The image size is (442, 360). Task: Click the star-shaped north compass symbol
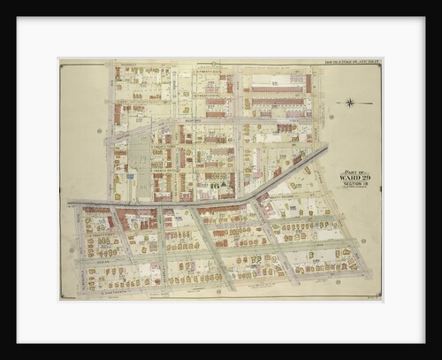(352, 103)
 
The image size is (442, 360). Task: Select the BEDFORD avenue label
(111, 133)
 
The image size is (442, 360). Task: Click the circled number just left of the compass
(331, 116)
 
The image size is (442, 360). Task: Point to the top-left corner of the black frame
(17, 18)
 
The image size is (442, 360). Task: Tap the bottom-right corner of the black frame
(424, 343)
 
